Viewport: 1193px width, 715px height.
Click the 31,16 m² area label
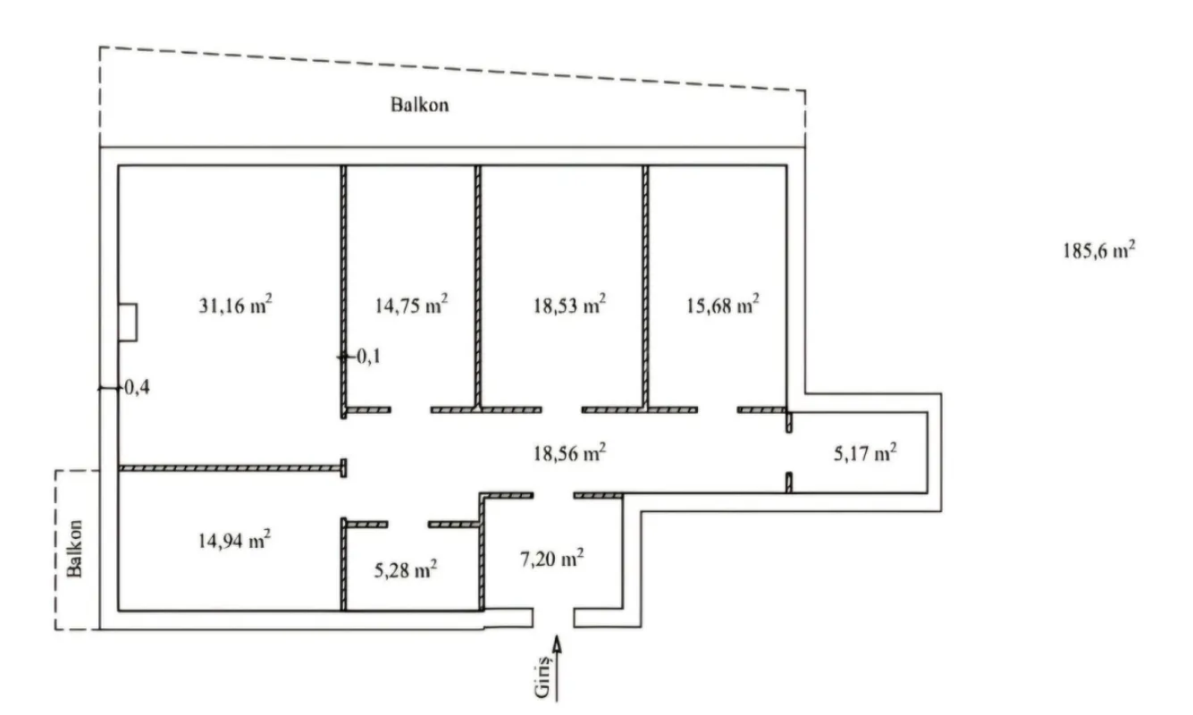coord(234,306)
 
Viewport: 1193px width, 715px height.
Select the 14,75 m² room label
coord(409,306)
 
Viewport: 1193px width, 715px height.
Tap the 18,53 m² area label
coord(568,306)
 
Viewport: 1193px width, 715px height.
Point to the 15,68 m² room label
coord(721,306)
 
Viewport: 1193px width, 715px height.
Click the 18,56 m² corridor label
coord(568,453)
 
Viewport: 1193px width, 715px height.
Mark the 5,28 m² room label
coord(404,569)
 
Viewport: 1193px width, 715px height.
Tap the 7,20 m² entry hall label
coord(551,560)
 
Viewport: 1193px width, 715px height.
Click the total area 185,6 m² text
coord(1098,251)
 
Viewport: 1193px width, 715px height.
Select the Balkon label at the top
coord(419,105)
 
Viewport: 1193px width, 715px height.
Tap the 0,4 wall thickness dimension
coord(134,388)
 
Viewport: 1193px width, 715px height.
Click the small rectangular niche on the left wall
coord(128,322)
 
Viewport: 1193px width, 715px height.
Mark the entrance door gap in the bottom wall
coord(553,618)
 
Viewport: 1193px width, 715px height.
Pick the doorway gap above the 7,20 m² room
coord(553,494)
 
